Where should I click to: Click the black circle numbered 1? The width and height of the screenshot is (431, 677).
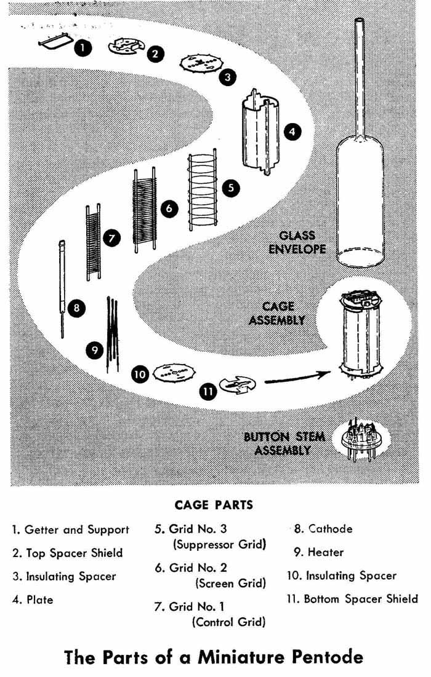point(83,47)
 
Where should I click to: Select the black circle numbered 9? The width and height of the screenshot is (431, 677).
point(94,349)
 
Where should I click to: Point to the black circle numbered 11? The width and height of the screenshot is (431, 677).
point(208,391)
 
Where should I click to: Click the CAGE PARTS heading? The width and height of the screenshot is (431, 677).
point(214,505)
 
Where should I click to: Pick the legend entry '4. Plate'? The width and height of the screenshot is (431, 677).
point(32,600)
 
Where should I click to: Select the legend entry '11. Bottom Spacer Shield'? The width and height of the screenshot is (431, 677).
point(352,598)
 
